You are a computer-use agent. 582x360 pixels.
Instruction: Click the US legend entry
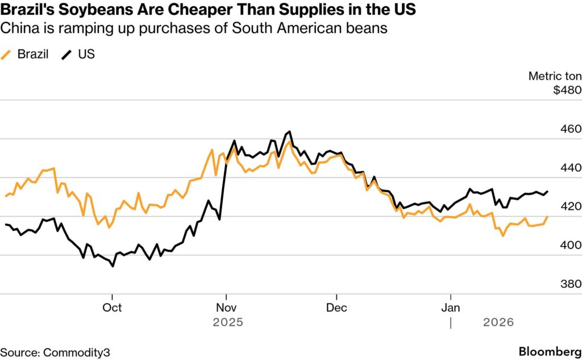[79, 55]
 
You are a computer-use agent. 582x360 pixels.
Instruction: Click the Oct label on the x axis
[113, 308]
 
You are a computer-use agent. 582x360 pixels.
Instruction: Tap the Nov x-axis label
[227, 308]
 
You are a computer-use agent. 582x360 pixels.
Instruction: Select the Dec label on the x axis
[336, 308]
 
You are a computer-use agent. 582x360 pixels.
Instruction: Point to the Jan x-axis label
[451, 308]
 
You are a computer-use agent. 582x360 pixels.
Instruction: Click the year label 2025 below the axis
[227, 322]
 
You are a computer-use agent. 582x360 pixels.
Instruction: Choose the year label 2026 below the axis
[498, 322]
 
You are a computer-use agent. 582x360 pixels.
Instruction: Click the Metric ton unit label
[555, 76]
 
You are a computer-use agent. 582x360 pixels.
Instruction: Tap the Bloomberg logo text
[550, 351]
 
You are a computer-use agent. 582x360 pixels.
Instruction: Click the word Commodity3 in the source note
[76, 352]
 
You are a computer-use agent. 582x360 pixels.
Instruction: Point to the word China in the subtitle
[18, 28]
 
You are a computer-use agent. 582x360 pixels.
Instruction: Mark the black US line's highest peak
[290, 131]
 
